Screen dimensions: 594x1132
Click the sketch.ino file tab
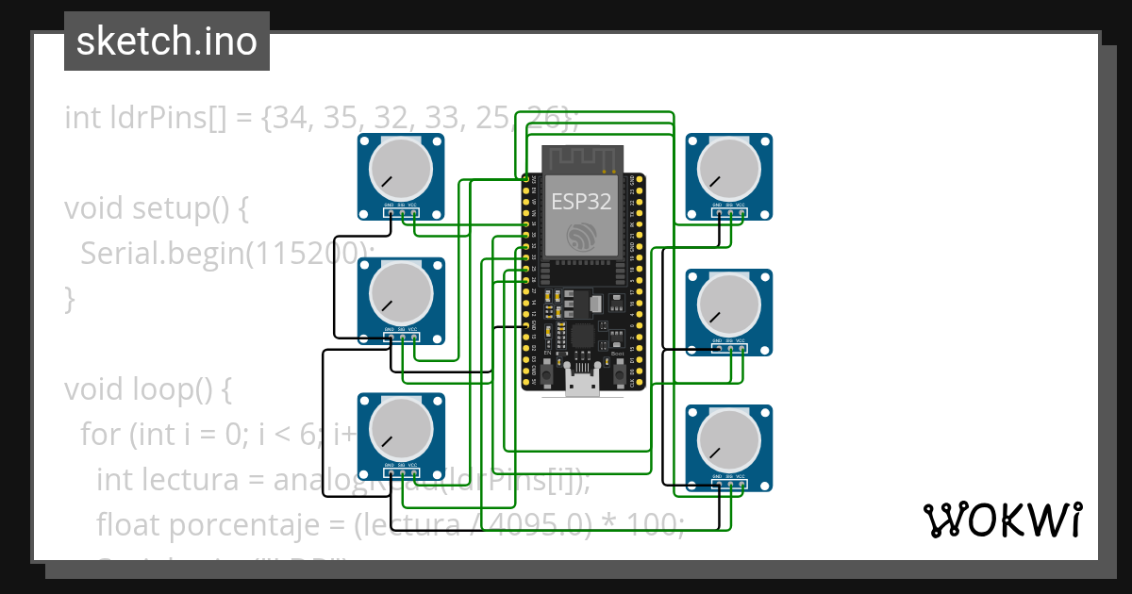pos(166,41)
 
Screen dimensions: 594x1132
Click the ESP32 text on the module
pos(581,201)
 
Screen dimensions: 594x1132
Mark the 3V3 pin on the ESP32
pos(526,178)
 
